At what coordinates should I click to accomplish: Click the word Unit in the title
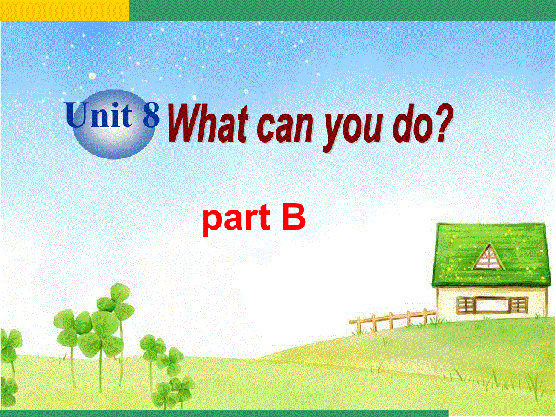(x=101, y=115)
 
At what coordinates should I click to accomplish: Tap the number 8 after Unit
(x=150, y=115)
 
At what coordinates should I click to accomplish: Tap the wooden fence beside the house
(x=393, y=320)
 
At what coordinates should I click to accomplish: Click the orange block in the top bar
(x=64, y=10)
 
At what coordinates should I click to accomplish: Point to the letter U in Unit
(x=78, y=115)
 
